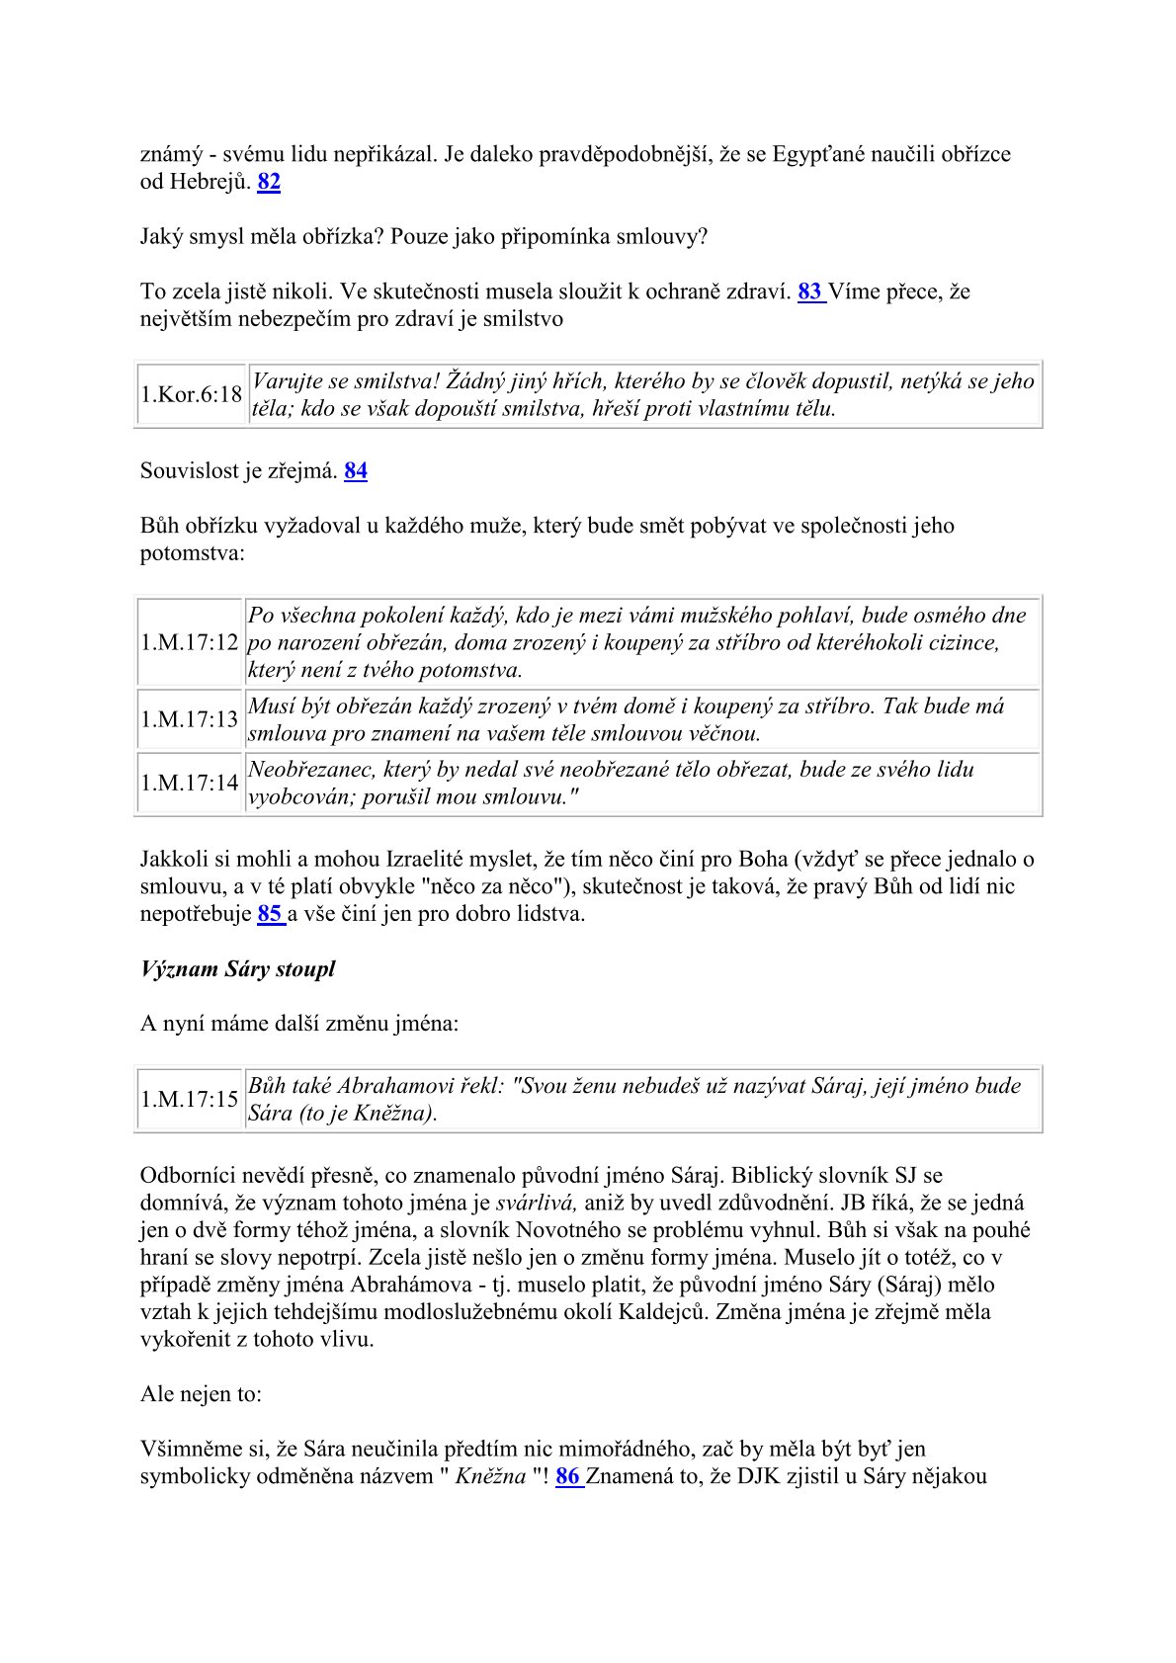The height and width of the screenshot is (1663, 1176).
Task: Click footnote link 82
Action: coord(269,182)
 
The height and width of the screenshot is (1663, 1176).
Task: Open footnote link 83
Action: coord(809,291)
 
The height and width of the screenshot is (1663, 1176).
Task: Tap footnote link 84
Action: coord(356,471)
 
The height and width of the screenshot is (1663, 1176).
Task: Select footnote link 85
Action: coord(270,914)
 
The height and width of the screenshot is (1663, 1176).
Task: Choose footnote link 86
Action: coord(568,1477)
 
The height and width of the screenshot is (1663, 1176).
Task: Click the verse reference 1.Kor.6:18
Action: coord(191,395)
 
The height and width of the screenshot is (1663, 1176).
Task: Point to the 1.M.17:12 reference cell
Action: coord(190,642)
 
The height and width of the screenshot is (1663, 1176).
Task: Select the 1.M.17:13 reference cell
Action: coord(190,719)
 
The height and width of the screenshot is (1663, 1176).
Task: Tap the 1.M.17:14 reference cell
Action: coord(190,783)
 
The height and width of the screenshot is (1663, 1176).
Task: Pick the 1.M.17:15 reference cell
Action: coord(190,1099)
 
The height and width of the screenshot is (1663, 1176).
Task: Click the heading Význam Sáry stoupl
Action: coord(237,969)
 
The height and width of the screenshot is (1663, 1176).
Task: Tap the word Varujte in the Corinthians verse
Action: coord(289,381)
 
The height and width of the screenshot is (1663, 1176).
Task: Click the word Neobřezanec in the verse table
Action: coord(309,770)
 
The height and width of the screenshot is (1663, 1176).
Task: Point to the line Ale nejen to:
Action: coord(201,1394)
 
